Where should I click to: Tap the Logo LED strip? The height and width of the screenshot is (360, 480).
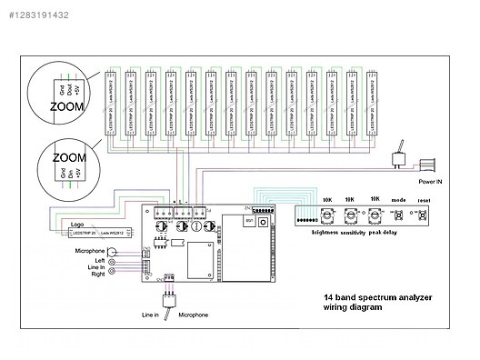pos(98,233)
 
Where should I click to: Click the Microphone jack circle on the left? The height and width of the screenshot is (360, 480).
pos(113,251)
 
